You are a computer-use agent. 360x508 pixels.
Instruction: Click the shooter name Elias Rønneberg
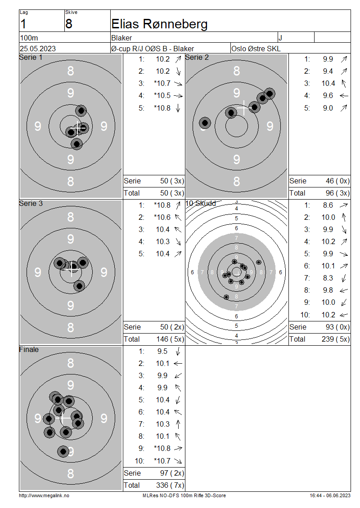coord(159,24)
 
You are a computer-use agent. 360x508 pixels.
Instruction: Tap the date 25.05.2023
coord(38,49)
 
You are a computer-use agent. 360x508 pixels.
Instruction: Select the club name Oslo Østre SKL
coord(256,49)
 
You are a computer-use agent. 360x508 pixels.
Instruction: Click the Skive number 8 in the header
coord(69,24)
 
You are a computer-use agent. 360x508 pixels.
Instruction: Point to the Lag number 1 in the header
coord(23,24)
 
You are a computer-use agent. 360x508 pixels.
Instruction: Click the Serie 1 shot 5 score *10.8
coord(162,108)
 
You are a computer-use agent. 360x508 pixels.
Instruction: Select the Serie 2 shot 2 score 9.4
coord(328,71)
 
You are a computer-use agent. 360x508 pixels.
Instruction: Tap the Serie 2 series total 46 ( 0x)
coord(337,181)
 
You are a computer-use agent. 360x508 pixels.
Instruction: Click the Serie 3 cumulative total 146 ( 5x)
coord(170,339)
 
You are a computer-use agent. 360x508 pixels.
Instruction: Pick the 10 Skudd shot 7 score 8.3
coord(328,278)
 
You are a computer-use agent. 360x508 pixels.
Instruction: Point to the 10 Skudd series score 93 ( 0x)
coord(337,327)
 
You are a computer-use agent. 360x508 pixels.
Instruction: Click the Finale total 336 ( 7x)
coord(170,486)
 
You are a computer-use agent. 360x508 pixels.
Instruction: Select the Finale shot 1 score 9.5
coord(162,352)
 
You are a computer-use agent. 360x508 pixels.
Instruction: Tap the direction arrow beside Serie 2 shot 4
coord(344,96)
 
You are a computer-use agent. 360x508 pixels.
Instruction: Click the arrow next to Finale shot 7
coord(178,424)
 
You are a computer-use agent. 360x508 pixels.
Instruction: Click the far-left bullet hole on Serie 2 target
coord(205,123)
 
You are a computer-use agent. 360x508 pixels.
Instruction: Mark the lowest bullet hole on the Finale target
coord(63,451)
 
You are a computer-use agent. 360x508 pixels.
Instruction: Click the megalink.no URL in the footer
coord(44,495)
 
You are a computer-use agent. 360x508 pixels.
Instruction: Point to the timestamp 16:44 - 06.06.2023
coord(330,495)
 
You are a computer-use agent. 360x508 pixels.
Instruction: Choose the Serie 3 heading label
coord(31,204)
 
